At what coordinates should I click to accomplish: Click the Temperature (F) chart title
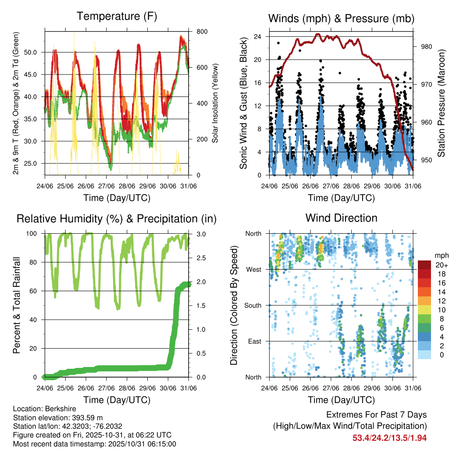117,17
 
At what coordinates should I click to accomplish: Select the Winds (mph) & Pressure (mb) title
341,18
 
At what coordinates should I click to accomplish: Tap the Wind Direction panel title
341,218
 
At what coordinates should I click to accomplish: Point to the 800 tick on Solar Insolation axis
196,32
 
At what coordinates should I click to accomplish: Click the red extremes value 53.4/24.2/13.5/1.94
389,438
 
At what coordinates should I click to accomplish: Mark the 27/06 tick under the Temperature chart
106,185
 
